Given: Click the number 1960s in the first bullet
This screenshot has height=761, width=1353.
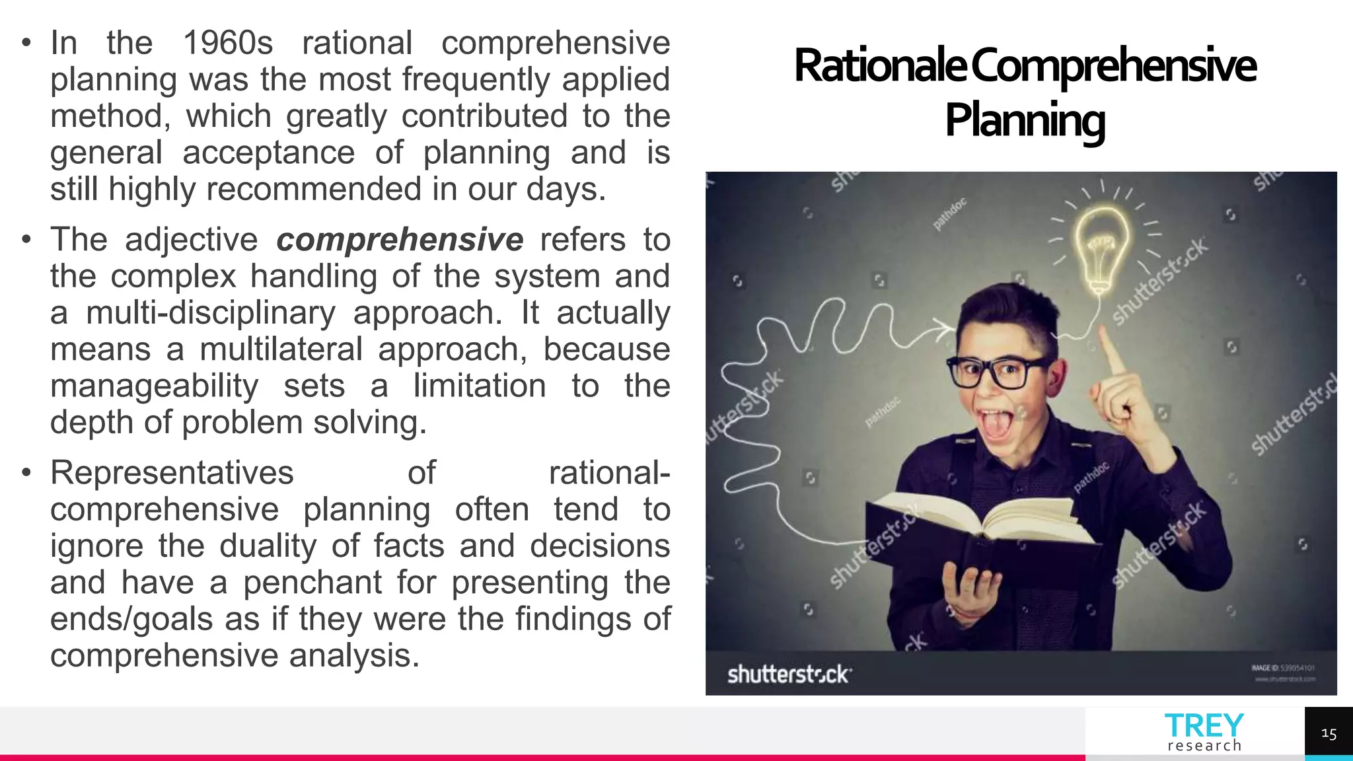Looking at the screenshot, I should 227,44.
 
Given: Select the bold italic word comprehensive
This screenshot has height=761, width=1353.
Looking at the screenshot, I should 400,240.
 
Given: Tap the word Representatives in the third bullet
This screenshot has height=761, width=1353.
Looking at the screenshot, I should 172,473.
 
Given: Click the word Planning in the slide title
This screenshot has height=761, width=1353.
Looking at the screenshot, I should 1025,120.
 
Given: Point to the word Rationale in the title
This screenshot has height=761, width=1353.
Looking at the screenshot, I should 880,66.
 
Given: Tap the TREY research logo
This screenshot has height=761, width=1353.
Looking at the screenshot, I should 1204,733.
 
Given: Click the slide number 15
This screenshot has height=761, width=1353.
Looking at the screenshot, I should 1329,734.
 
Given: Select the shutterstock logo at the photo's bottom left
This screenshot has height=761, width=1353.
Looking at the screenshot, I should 789,674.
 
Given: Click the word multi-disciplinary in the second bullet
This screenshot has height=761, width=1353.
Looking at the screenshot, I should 211,313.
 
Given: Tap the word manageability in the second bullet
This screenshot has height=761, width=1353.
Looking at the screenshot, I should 154,386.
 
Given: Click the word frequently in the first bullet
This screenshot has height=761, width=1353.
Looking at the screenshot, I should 476,80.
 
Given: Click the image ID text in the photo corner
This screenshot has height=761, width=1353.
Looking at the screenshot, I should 1282,668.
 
